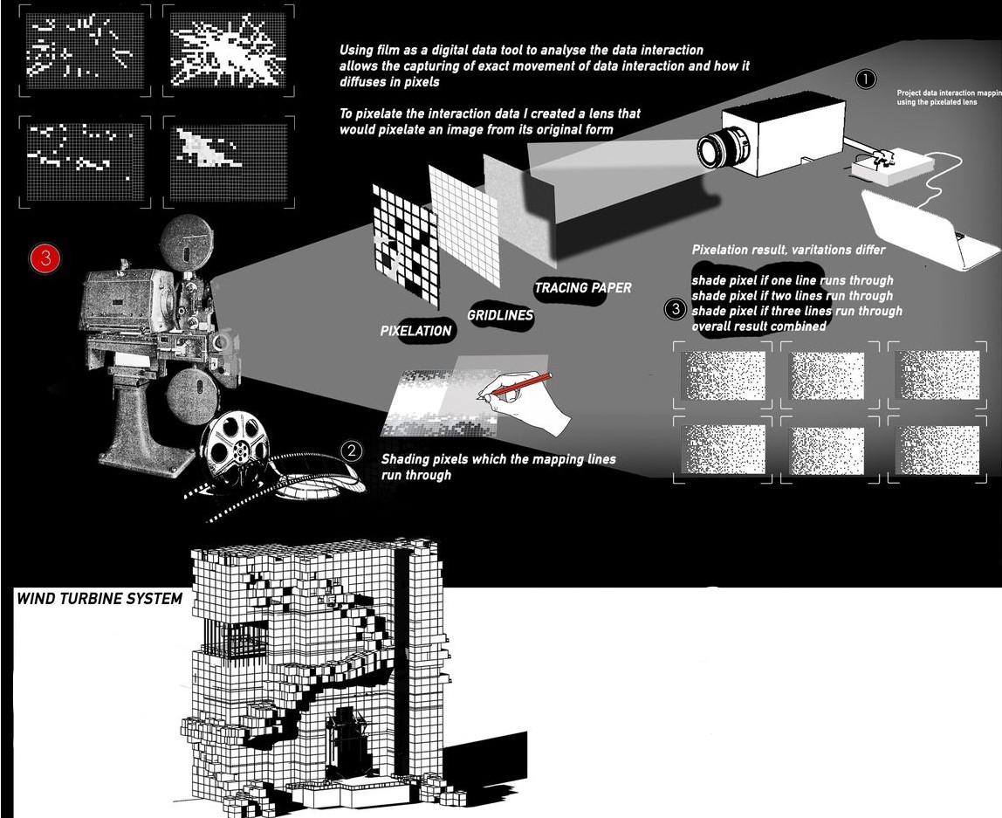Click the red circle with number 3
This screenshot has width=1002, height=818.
(x=45, y=258)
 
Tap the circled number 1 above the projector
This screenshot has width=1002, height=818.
(x=865, y=79)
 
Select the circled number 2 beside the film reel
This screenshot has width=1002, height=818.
(x=351, y=451)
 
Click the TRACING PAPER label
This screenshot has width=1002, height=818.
(x=582, y=288)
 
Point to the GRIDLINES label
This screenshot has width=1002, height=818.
(x=500, y=315)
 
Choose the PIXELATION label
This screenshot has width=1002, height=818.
(x=416, y=331)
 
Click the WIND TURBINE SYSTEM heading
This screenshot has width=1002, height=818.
(x=100, y=599)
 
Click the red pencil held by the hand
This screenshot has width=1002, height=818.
(x=520, y=387)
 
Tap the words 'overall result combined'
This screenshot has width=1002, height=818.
(x=758, y=327)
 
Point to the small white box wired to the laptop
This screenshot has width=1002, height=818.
(x=882, y=168)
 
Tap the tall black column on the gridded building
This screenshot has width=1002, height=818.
(x=403, y=663)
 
